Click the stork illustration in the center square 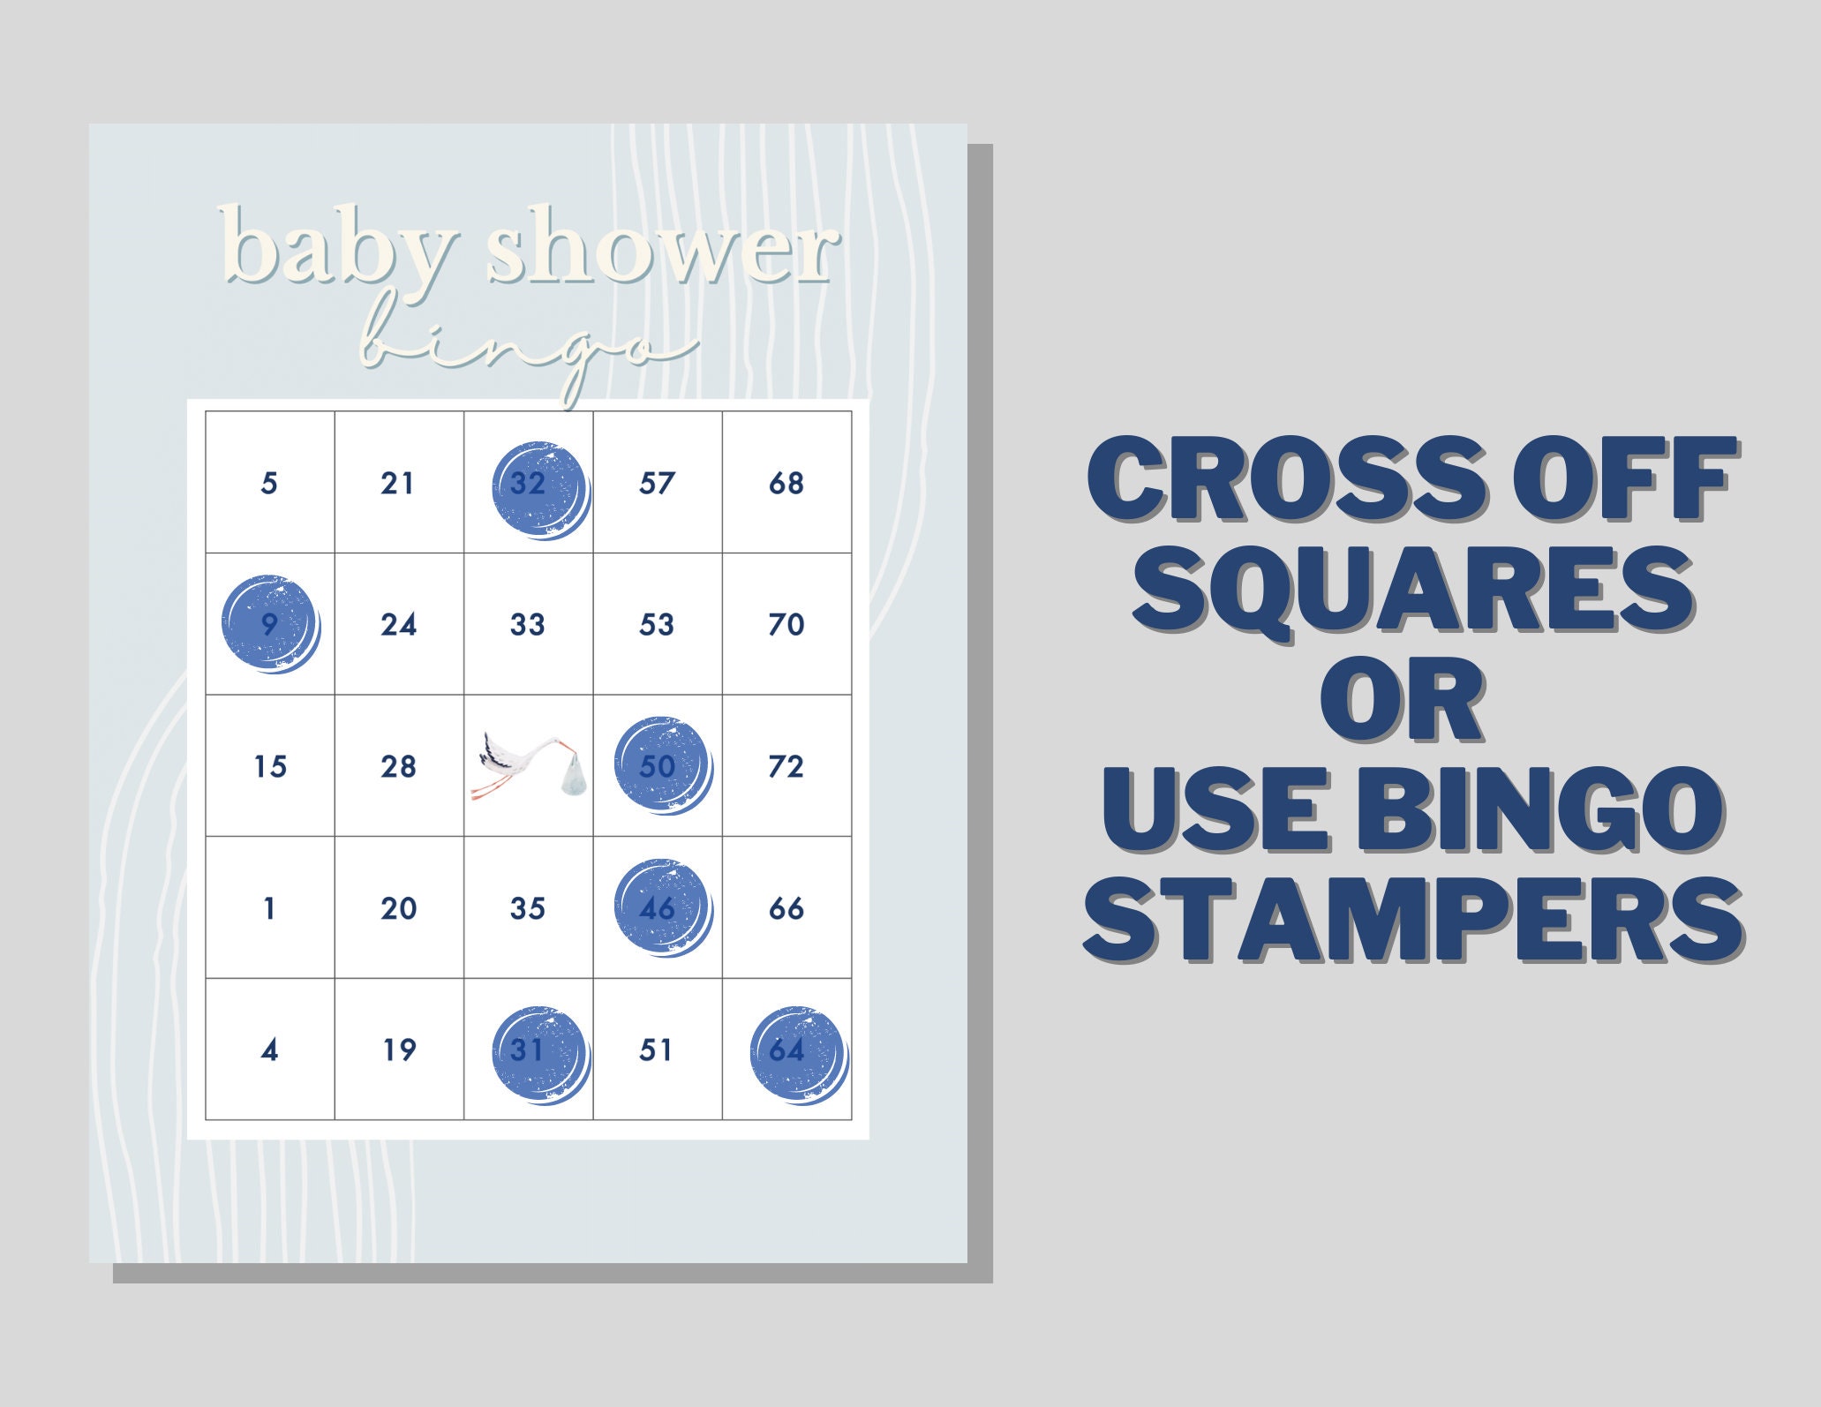tap(528, 765)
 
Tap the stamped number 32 tap(540, 490)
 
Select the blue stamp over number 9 tap(270, 625)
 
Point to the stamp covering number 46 tap(663, 908)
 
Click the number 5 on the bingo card tap(269, 483)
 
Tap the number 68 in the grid tap(786, 483)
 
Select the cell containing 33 tap(528, 624)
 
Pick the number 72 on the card tap(786, 766)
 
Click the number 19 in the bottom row tap(399, 1050)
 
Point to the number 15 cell tap(270, 766)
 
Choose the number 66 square tap(786, 908)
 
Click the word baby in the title tap(340, 246)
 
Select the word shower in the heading tap(663, 250)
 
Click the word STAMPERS tap(1412, 919)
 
